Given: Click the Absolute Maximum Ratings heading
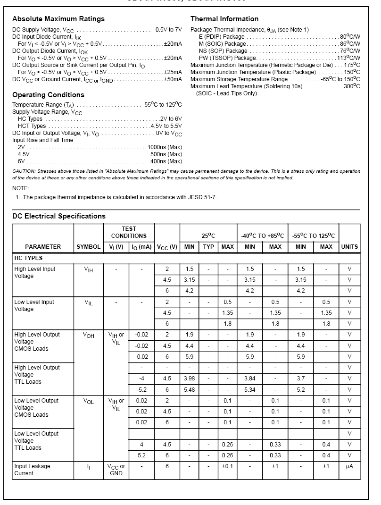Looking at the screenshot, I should (58, 19).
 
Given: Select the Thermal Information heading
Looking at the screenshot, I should (224, 19).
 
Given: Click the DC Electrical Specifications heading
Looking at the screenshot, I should (59, 216).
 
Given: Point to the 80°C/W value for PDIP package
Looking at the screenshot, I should (350, 37).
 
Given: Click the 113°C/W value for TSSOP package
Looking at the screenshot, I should (348, 58).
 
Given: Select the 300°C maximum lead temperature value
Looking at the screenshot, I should (352, 86).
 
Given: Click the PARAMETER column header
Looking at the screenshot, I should (43, 247).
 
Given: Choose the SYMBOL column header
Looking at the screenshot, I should (89, 247).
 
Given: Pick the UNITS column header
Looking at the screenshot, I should (349, 247).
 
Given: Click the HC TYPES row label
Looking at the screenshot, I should (28, 258).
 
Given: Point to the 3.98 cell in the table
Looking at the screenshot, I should (189, 379).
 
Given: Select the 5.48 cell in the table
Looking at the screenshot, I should (189, 390).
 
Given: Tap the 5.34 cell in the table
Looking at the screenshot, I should (250, 390).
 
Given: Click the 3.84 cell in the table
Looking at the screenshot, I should (250, 379).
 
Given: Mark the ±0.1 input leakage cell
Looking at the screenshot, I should (227, 466).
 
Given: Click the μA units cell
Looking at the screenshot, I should (349, 466).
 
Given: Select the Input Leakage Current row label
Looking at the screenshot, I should (32, 470).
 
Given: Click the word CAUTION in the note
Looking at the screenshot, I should (23, 171).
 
